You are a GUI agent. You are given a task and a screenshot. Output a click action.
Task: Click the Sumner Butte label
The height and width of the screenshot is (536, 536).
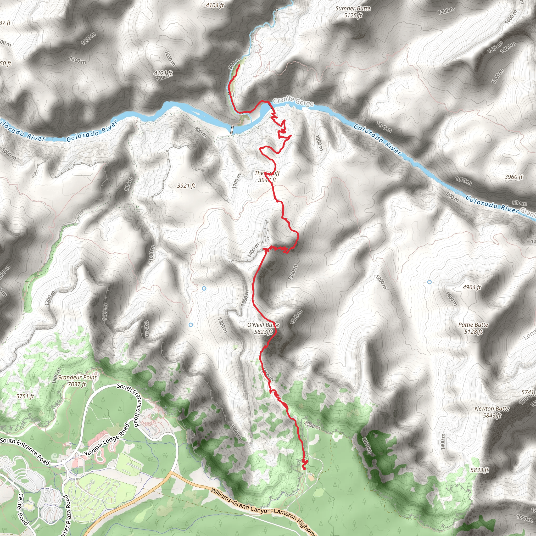[x=353, y=9]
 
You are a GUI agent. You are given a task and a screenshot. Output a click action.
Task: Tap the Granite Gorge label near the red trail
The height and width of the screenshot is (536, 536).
[x=293, y=101]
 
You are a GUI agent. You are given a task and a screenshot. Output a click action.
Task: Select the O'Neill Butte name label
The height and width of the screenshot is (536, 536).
[x=263, y=325]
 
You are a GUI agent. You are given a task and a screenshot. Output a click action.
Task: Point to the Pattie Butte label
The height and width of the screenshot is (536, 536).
[x=473, y=325]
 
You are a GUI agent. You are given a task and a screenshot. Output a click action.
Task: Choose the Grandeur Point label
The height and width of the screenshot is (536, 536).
[x=77, y=377]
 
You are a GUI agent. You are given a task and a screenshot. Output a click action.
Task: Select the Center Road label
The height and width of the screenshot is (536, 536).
[x=23, y=509]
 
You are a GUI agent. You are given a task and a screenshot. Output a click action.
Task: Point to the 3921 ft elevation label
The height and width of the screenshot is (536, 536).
[x=186, y=186]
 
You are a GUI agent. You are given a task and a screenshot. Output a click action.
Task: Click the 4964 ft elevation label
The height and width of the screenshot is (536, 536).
[x=472, y=287]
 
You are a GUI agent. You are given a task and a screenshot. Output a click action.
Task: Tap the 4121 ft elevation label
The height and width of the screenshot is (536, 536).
[x=163, y=73]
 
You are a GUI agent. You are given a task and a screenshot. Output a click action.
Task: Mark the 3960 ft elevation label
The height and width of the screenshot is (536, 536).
[x=513, y=177]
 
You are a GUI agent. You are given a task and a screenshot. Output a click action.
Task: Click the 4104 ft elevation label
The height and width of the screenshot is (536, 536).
[x=215, y=5]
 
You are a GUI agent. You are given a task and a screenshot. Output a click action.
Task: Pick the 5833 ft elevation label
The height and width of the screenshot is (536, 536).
[x=479, y=470]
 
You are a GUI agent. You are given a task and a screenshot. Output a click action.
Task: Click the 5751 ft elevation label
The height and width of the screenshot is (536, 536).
[x=25, y=396]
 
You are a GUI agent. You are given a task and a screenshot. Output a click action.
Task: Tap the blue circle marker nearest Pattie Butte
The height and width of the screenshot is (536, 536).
[x=429, y=282]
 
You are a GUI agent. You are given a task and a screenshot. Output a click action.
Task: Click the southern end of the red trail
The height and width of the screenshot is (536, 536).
[x=304, y=468]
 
